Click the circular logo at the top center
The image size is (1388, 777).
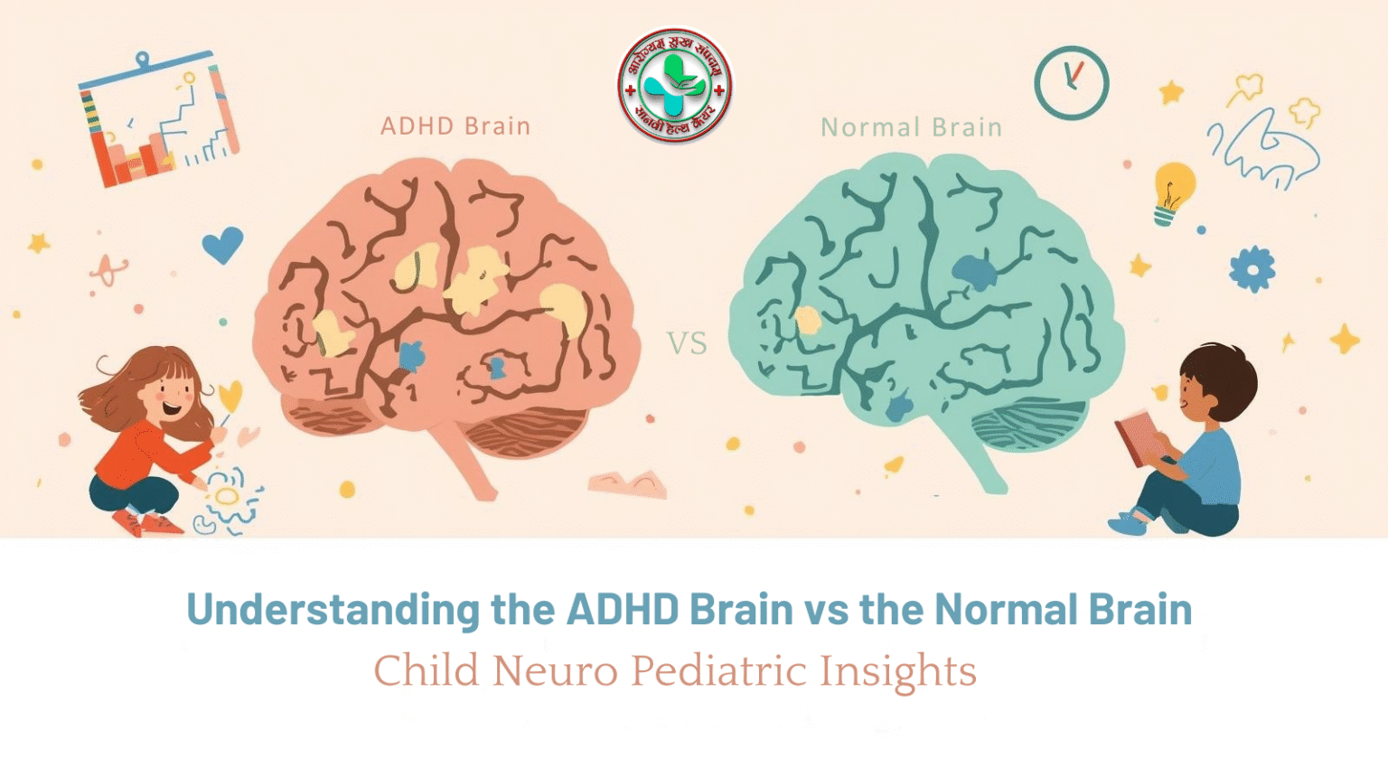(674, 87)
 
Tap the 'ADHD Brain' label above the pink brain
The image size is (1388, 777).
(455, 126)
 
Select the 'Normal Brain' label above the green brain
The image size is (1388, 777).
(911, 127)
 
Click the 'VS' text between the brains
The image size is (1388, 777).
(687, 343)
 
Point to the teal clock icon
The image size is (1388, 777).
(1071, 83)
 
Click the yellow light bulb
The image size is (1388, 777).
(1173, 190)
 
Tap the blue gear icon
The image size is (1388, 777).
(1252, 268)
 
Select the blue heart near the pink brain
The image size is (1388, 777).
(222, 244)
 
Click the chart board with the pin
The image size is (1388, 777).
(159, 122)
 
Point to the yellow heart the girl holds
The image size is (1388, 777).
(230, 395)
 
